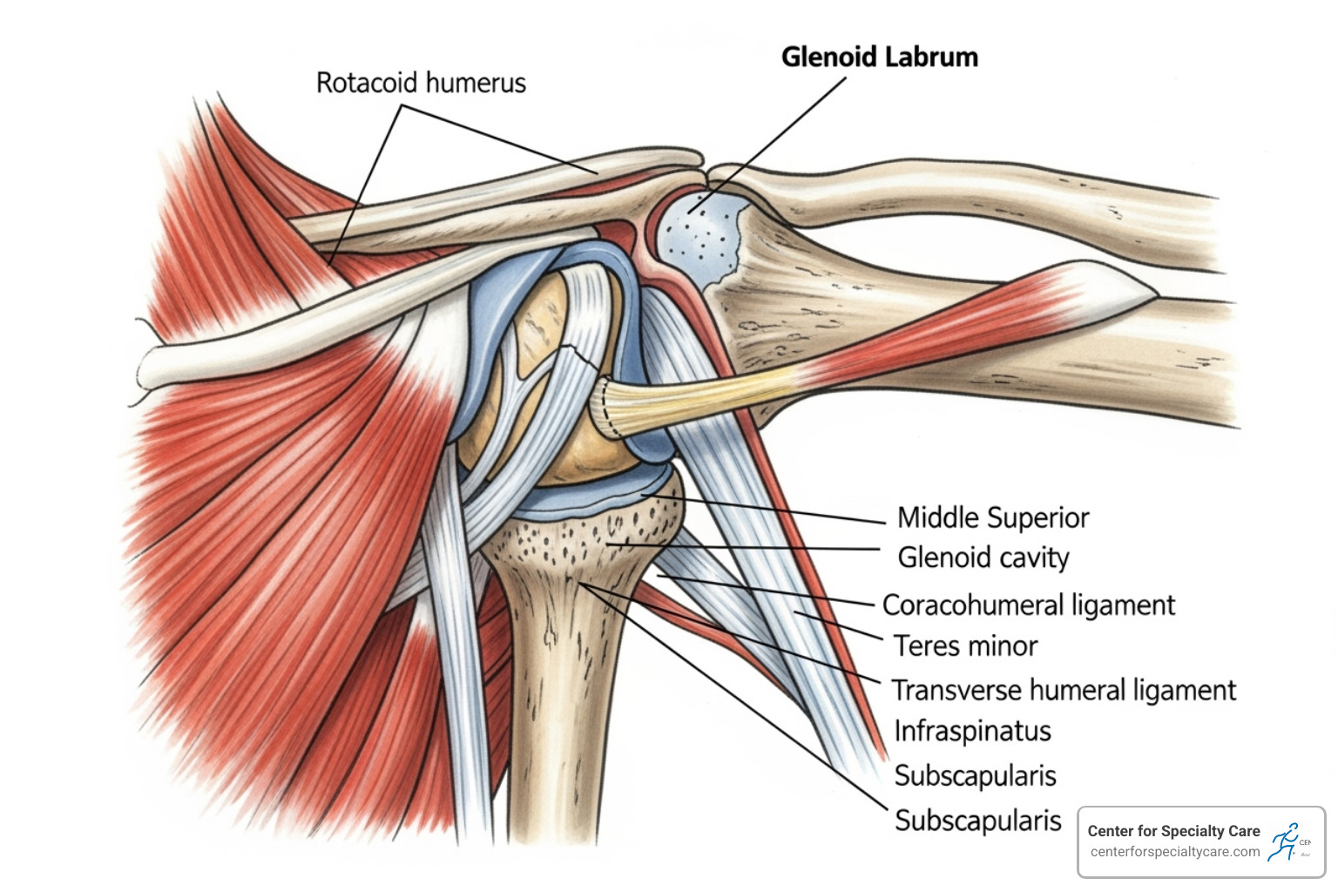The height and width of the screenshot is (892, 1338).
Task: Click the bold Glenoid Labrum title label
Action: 879,57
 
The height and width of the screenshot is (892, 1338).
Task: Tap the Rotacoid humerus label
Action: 421,83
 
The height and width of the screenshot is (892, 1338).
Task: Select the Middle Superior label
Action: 993,517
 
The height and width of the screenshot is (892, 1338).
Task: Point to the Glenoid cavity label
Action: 983,557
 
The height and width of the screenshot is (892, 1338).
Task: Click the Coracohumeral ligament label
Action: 1029,605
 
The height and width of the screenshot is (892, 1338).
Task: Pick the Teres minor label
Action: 966,646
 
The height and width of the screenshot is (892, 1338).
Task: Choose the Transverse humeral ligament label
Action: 1064,690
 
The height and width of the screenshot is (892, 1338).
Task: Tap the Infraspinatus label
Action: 973,731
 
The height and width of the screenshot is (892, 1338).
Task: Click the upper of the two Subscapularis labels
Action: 976,775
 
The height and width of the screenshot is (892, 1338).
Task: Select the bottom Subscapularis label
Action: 978,821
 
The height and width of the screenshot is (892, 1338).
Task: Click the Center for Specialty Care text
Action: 1173,831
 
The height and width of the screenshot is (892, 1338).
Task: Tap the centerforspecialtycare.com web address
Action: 1175,852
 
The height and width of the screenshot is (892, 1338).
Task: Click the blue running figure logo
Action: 1284,842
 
